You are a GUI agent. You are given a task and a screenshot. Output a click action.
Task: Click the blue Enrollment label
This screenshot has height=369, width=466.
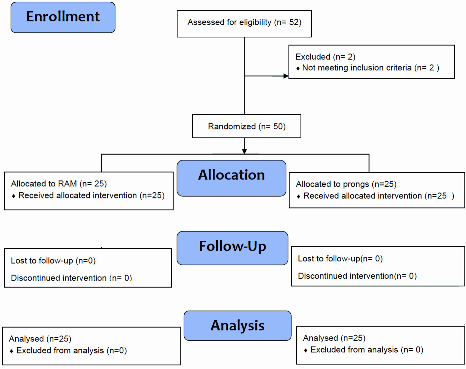pos(63,17)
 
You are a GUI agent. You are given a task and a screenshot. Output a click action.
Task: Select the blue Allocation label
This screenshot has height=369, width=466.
pos(231,178)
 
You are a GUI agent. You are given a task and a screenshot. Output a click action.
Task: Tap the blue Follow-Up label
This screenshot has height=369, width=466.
pos(232,248)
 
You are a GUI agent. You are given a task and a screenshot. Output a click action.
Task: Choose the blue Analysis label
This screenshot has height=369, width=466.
pos(237,326)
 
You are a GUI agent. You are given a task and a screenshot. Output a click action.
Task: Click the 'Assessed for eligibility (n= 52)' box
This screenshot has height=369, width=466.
pos(244,24)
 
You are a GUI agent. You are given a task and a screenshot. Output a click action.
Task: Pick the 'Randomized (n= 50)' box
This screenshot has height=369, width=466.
pos(246,126)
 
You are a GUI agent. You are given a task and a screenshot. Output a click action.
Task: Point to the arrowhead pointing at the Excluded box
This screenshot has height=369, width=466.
pos(286,76)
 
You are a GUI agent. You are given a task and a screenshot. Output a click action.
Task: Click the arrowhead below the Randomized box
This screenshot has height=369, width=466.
pos(244,152)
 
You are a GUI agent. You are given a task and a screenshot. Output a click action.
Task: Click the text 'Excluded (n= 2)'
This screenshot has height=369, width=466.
pos(325,57)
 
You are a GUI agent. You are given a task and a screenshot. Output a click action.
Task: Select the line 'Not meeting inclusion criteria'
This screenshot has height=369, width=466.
pos(357,68)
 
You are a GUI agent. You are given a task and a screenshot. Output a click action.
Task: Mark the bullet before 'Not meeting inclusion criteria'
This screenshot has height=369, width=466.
pos(298,69)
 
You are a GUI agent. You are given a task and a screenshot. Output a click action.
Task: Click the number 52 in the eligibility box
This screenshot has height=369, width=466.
pos(294,22)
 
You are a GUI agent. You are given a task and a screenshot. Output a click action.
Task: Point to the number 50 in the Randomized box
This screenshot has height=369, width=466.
pos(278,126)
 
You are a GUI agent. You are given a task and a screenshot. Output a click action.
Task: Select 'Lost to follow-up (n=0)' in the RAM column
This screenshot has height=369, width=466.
pos(53,261)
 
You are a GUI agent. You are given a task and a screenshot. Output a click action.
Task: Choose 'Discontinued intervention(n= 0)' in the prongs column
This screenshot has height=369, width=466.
pos(357,276)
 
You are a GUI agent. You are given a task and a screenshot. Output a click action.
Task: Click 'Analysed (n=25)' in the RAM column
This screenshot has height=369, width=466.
pos(40,339)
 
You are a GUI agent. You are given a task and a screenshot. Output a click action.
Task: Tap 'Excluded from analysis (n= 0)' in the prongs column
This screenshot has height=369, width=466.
pos(367,350)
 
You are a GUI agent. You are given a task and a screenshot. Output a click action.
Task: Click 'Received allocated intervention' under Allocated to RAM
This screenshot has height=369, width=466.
pos(78,195)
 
